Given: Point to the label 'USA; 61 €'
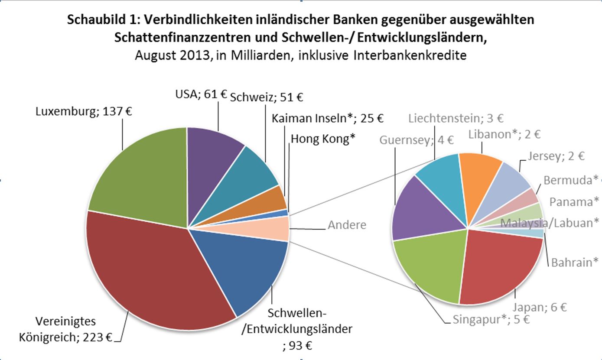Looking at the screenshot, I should tap(200, 94).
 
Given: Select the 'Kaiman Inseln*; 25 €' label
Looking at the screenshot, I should tap(328, 118).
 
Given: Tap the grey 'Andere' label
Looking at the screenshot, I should tap(347, 225).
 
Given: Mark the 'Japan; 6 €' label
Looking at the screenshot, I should tap(540, 307).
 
